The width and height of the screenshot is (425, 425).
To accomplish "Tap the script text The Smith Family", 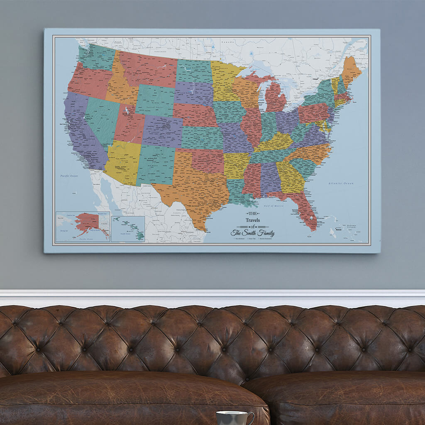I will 253,233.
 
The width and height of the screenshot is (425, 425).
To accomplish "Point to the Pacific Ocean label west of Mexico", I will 68,176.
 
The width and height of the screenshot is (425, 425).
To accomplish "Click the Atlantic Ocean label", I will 341,183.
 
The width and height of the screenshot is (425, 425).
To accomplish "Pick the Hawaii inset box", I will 128,229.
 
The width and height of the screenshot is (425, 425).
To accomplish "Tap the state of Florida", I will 305,212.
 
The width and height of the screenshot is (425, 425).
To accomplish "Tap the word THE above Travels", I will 252,213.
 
